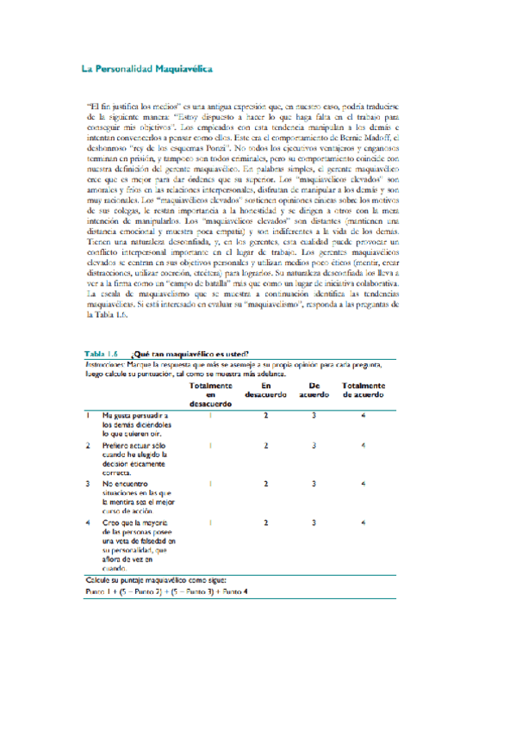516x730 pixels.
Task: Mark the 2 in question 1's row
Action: tap(266, 415)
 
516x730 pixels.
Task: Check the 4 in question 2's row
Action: tap(364, 445)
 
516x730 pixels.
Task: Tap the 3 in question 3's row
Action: tap(314, 482)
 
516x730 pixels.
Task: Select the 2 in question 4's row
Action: tap(266, 522)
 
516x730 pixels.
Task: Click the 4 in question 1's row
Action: tap(364, 415)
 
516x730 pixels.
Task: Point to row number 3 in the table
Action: tap(89, 482)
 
